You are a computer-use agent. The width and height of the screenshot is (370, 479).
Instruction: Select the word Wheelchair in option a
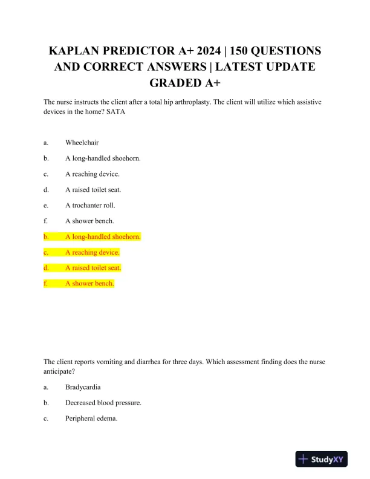point(82,143)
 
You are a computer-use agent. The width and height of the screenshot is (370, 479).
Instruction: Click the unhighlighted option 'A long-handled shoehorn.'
point(103,158)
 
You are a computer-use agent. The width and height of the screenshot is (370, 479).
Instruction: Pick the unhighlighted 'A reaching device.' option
point(92,174)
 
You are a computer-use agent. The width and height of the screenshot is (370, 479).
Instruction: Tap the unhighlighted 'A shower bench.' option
point(89,221)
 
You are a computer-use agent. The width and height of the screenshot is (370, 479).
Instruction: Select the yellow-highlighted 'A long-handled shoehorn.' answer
point(103,236)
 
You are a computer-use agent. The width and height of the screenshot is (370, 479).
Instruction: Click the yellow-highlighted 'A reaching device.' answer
point(92,252)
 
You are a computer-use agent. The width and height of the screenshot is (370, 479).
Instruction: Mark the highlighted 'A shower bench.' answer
point(89,284)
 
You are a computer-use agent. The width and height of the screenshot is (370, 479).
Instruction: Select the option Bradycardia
point(84,387)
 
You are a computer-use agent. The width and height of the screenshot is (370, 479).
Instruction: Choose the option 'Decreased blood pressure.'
point(103,403)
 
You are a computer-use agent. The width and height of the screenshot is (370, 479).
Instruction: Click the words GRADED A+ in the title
point(185,82)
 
